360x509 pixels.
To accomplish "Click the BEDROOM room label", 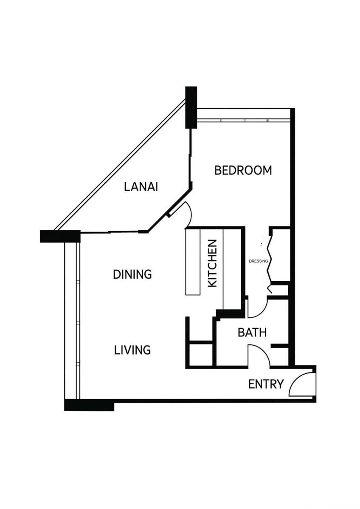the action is pyautogui.click(x=243, y=170).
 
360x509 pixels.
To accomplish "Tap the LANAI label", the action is pyautogui.click(x=141, y=187).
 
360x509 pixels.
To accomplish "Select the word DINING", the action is pyautogui.click(x=132, y=274).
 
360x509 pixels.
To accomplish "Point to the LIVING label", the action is pyautogui.click(x=132, y=350).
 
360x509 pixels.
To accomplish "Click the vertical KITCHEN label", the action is pyautogui.click(x=213, y=263).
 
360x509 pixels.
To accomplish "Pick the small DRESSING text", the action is pyautogui.click(x=259, y=261).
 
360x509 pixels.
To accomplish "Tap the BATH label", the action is pyautogui.click(x=252, y=333).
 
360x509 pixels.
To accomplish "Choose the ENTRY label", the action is pyautogui.click(x=266, y=384).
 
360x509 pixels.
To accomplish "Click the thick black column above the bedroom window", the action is pyautogui.click(x=191, y=107).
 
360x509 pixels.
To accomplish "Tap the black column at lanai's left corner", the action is pyautogui.click(x=60, y=236).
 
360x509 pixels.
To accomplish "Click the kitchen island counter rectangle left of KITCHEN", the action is pyautogui.click(x=193, y=262).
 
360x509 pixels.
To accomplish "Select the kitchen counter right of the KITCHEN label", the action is pyautogui.click(x=231, y=269).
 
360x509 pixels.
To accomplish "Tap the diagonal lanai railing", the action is pyautogui.click(x=119, y=165).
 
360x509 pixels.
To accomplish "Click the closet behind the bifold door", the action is pyautogui.click(x=281, y=255).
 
